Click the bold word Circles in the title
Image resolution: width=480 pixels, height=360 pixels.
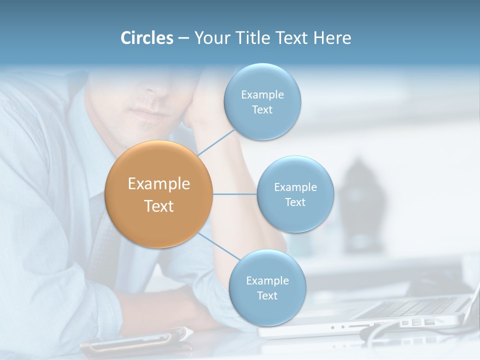pyautogui.click(x=146, y=38)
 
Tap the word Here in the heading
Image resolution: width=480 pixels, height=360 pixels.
pyautogui.click(x=332, y=38)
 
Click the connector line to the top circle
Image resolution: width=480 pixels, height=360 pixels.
pyautogui.click(x=216, y=142)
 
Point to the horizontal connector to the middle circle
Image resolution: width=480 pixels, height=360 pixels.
pyautogui.click(x=235, y=194)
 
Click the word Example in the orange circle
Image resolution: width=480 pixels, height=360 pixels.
pyautogui.click(x=158, y=184)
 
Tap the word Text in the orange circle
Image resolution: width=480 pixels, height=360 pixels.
pyautogui.click(x=158, y=206)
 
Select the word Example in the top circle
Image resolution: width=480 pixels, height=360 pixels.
pyautogui.click(x=262, y=94)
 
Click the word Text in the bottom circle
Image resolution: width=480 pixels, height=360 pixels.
pyautogui.click(x=267, y=295)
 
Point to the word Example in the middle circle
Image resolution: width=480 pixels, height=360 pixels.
pyautogui.click(x=295, y=187)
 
